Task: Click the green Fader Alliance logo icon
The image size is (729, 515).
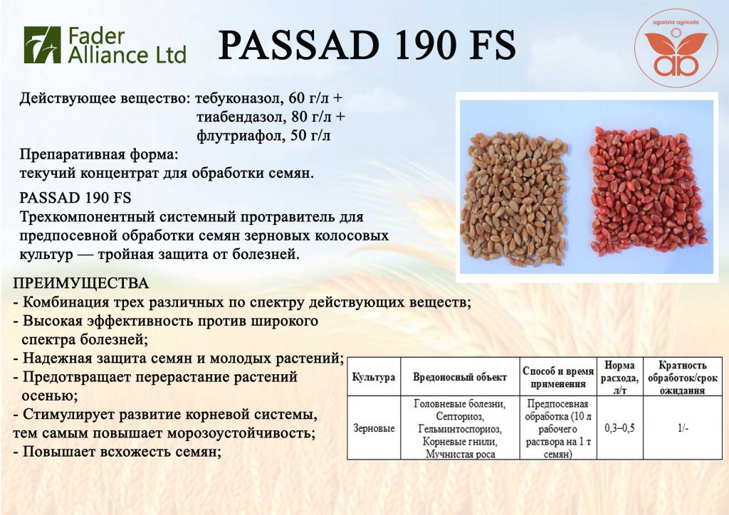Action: [42, 45]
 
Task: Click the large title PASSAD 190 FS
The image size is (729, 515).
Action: [367, 45]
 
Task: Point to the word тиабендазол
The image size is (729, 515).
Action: [240, 117]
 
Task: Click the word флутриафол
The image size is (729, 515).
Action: [239, 136]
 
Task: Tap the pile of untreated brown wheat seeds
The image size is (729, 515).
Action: [515, 199]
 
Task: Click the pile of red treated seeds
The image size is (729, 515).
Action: [648, 191]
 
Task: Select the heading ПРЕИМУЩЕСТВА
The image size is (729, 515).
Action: [81, 283]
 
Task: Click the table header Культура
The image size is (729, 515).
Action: [374, 377]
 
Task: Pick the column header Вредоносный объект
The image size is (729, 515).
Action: [460, 377]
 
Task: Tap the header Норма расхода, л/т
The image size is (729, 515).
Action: [620, 377]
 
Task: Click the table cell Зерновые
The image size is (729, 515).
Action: [374, 428]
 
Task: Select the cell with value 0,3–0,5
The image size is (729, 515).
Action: [620, 428]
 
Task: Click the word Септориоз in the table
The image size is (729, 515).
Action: [460, 416]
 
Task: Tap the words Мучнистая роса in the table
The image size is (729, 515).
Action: [460, 454]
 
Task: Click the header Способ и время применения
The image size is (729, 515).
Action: [558, 377]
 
